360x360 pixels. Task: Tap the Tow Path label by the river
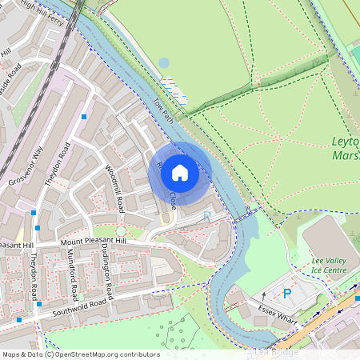click(x=164, y=111)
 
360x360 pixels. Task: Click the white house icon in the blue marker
click(x=180, y=173)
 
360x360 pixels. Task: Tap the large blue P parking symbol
click(x=287, y=294)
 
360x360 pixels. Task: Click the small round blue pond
click(x=164, y=62)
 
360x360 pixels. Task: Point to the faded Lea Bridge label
click(x=276, y=352)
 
